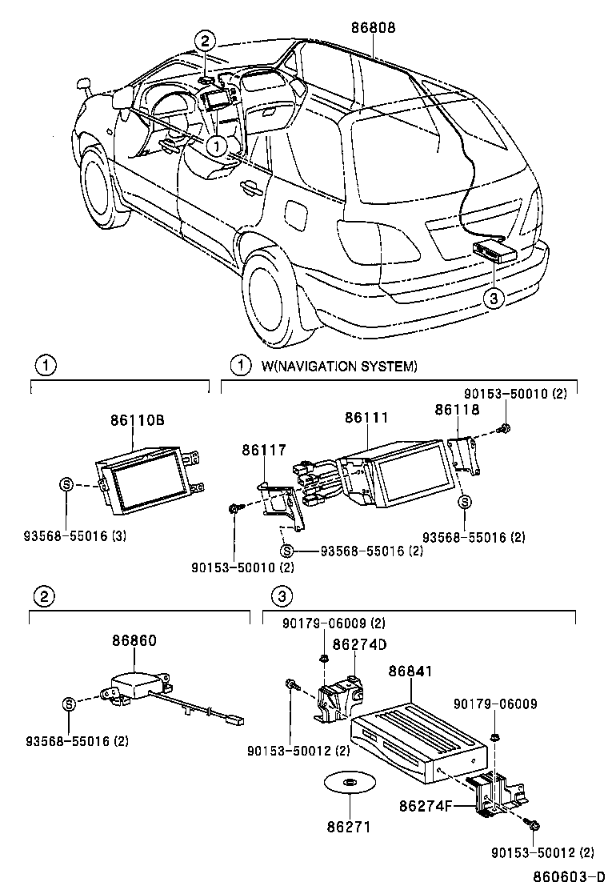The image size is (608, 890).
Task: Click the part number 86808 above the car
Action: click(373, 27)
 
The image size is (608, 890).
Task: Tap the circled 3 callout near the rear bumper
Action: click(494, 299)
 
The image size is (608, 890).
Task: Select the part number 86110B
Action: click(138, 420)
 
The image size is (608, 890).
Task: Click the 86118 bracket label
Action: click(457, 409)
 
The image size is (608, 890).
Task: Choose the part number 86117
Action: click(263, 452)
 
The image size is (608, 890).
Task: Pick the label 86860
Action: click(134, 641)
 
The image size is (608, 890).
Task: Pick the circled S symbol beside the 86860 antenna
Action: click(69, 704)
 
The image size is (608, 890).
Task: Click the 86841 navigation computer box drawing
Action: click(418, 733)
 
